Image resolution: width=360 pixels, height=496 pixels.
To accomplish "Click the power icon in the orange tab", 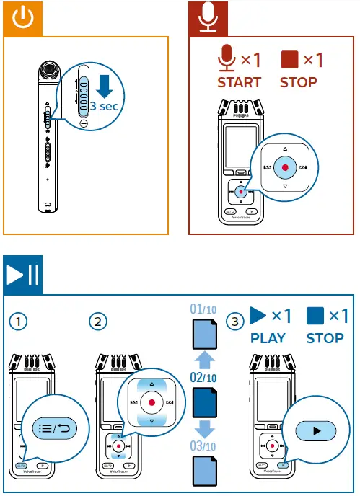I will (22, 18).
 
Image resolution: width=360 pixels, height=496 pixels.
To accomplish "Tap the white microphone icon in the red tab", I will (208, 18).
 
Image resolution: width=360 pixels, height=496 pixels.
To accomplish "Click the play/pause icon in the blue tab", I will (22, 275).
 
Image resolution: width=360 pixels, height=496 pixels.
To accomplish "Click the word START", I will (240, 81).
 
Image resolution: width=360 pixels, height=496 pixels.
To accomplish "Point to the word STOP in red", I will (298, 81).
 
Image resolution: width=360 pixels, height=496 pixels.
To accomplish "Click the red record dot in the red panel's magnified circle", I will (285, 167).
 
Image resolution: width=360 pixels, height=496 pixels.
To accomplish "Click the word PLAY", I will (268, 337).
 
